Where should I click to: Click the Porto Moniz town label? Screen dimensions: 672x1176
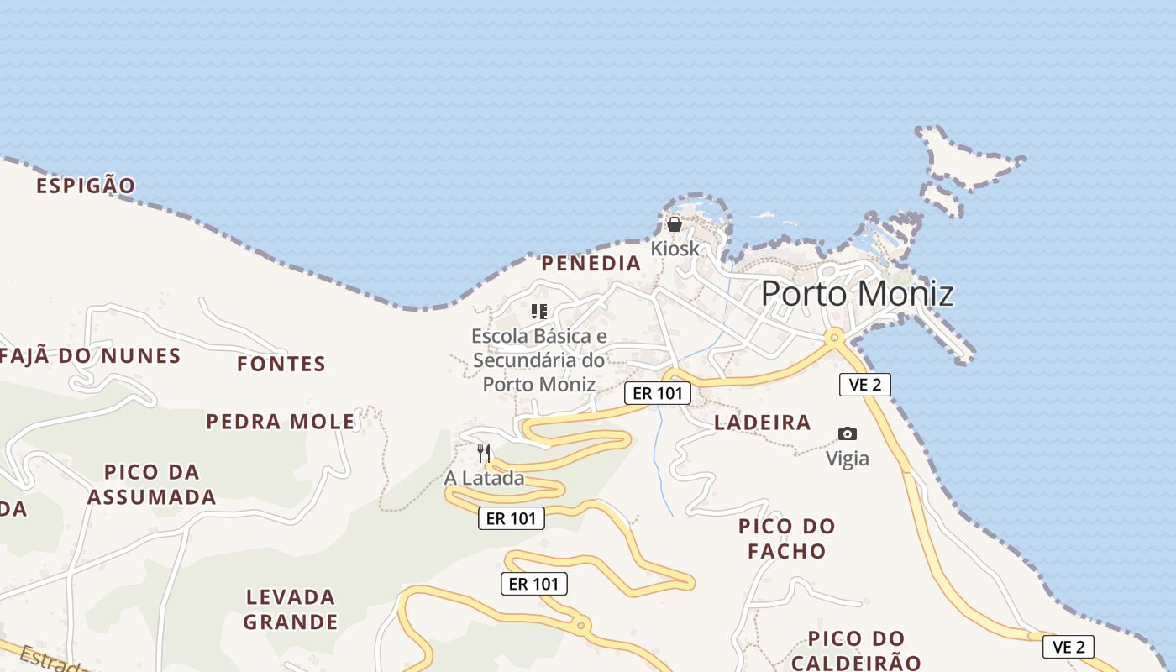857,294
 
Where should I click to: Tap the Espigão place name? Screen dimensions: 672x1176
85,186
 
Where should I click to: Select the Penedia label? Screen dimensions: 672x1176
591,263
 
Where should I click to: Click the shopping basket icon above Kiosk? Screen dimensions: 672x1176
674,224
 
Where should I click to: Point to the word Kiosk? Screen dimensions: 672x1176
675,249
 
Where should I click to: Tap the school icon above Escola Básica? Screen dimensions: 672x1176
539,312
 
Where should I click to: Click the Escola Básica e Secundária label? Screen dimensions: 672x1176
538,360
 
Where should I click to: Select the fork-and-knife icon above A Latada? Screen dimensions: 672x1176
484,454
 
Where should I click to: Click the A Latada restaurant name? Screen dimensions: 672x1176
484,479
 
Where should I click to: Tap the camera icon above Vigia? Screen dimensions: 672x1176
848,433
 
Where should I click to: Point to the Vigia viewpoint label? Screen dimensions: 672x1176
848,459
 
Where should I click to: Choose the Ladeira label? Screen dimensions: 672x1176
763,423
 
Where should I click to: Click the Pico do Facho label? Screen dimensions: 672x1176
787,538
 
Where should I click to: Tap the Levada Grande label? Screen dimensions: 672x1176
291,609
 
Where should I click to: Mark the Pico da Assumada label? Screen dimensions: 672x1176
151,484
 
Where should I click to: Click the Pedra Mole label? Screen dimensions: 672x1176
281,422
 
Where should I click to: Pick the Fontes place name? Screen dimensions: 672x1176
281,364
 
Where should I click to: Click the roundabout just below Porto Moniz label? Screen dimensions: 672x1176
834,337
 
